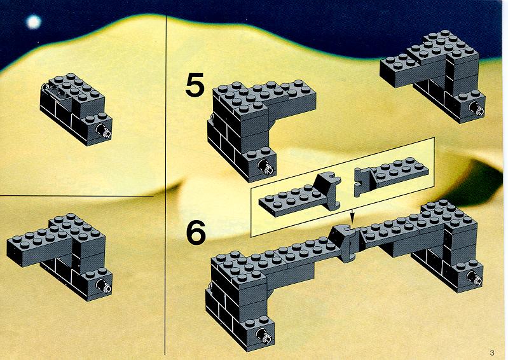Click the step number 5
195,85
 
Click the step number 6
196,232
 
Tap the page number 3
492,352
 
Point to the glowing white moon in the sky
33,22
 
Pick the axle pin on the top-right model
476,109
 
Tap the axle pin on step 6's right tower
475,277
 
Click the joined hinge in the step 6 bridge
346,243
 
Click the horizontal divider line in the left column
76,196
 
